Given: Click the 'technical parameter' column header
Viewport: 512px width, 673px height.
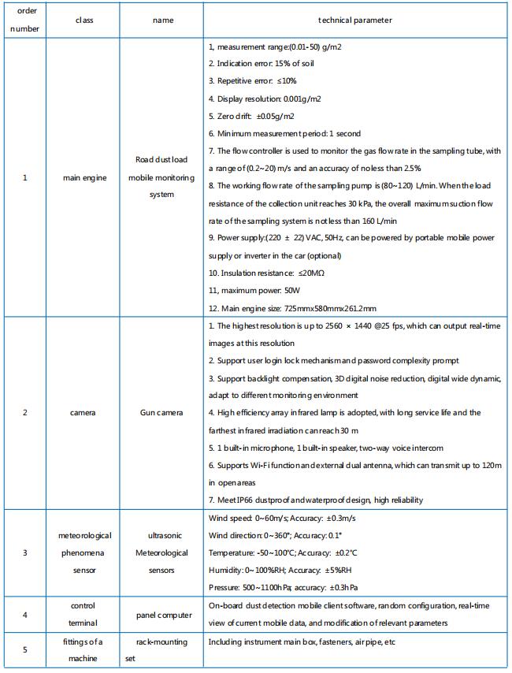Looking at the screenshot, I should (355, 20).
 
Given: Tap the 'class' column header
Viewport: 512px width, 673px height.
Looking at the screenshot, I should (84, 20).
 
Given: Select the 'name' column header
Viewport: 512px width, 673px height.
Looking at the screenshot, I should (162, 20).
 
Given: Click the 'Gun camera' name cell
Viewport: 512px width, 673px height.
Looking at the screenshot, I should (162, 412).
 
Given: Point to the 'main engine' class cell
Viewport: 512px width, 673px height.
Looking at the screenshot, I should (84, 177).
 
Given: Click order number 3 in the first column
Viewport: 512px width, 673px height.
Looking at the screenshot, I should (24, 552).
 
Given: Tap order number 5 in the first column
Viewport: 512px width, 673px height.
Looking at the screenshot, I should (24, 649).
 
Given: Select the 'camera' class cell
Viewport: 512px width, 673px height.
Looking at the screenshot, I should (84, 412).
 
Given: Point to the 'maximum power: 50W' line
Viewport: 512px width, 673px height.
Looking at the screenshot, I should (249, 290).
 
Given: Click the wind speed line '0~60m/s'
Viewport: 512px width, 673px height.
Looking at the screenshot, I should (271, 518).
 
